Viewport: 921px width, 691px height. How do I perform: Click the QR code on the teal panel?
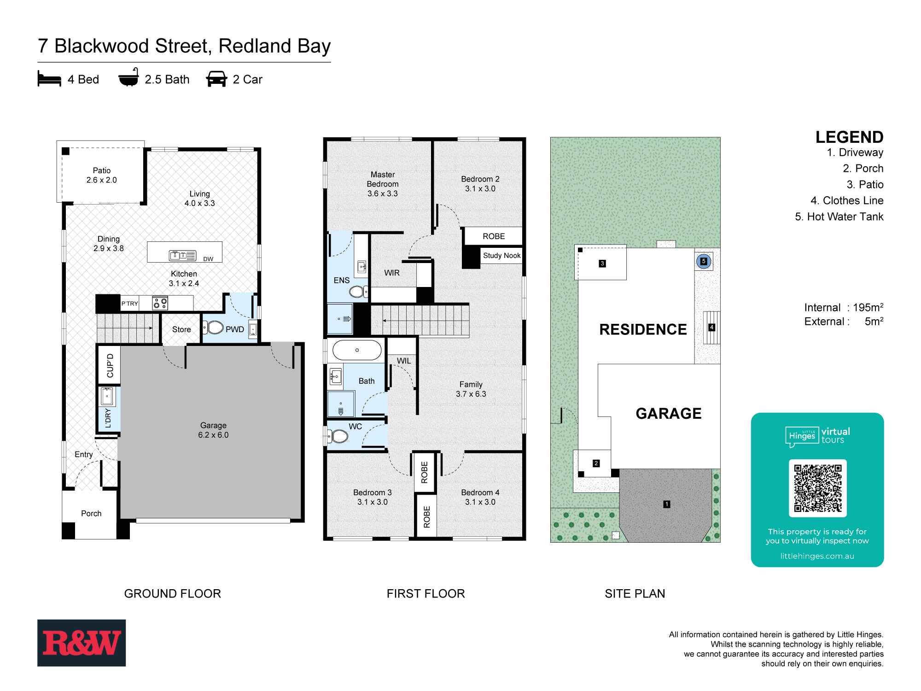click(x=817, y=488)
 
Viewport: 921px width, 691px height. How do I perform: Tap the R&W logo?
click(x=82, y=643)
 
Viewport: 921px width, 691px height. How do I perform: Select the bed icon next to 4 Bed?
click(x=49, y=79)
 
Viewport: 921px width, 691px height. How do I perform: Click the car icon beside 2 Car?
click(x=216, y=79)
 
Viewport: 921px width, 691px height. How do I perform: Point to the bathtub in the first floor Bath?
click(x=357, y=350)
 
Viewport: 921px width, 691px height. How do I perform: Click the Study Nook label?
click(x=501, y=256)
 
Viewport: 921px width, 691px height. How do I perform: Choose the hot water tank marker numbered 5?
click(x=703, y=261)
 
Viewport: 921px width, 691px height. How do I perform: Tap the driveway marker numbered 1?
click(x=666, y=504)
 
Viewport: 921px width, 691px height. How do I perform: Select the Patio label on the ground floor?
click(x=102, y=170)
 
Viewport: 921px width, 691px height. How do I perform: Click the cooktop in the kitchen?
click(x=160, y=303)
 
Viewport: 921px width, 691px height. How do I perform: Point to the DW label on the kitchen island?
click(x=208, y=259)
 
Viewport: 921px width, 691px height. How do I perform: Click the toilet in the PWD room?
click(x=215, y=328)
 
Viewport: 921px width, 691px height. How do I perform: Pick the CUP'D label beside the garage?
click(x=110, y=365)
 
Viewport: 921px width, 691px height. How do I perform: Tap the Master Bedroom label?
click(x=383, y=179)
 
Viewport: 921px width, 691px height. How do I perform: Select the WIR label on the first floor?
click(x=392, y=273)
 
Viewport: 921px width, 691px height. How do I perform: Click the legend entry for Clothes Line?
click(x=847, y=200)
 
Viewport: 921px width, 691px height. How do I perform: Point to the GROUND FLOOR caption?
click(x=173, y=593)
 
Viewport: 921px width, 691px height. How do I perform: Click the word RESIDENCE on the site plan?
click(x=643, y=329)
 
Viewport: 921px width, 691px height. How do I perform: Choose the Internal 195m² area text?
click(x=844, y=307)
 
